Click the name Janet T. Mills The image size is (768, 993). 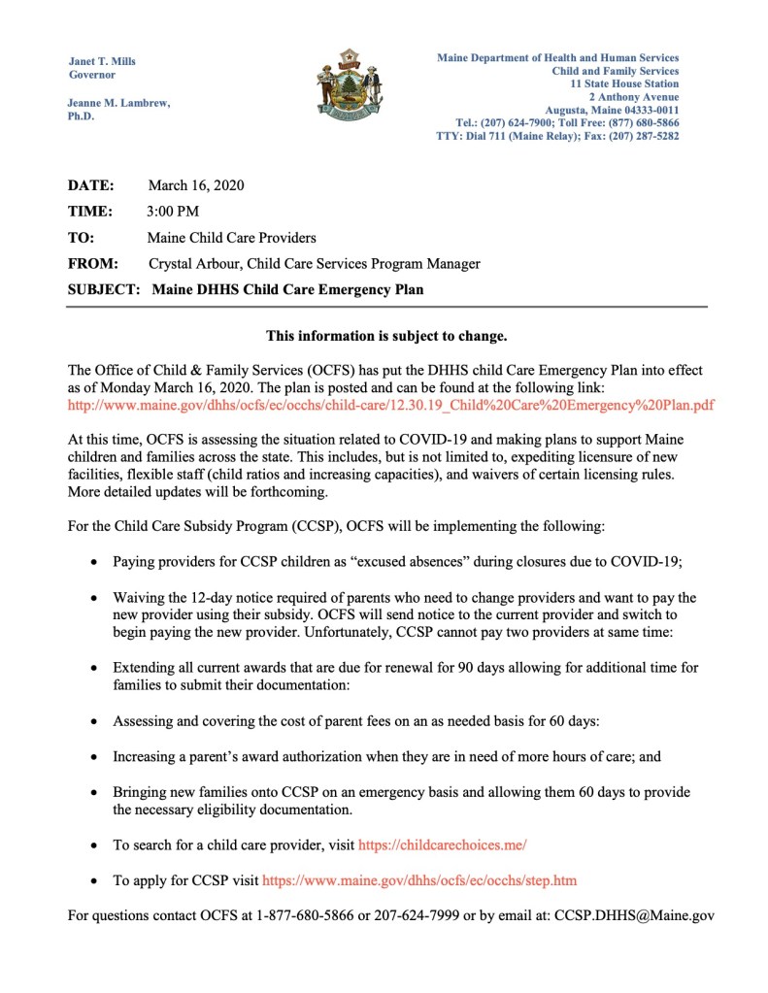point(102,61)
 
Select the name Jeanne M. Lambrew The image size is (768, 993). point(118,103)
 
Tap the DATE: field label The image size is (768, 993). point(90,184)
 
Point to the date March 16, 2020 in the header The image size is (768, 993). point(195,184)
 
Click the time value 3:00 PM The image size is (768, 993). point(173,211)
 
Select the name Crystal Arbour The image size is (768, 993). point(192,263)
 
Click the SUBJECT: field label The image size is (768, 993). point(104,289)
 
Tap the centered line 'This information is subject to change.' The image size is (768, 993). point(386,337)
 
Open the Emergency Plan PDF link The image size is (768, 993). point(390,404)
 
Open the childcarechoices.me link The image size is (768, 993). point(442,845)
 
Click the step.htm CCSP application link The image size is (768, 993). point(419,880)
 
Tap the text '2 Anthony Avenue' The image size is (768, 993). point(634,98)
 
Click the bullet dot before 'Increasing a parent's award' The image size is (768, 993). point(93,756)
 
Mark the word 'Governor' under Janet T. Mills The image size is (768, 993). point(92,75)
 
